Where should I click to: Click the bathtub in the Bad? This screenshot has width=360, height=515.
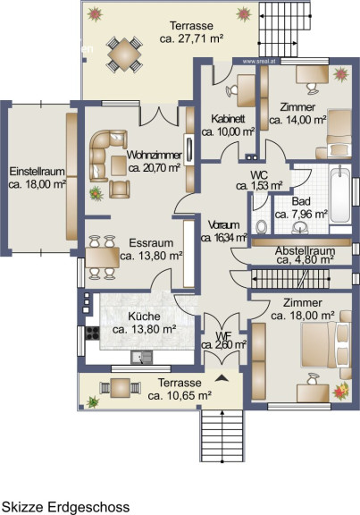(340, 194)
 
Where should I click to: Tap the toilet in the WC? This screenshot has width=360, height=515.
(261, 226)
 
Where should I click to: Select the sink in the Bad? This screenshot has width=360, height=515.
(300, 227)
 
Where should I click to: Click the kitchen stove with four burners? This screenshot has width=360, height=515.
(92, 333)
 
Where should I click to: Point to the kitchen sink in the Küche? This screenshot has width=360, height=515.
(141, 358)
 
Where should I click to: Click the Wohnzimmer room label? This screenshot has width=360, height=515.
(155, 155)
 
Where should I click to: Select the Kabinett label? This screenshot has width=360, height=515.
(228, 119)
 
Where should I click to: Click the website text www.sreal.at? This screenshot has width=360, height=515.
(259, 61)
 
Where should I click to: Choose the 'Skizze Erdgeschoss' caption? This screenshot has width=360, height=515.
(65, 507)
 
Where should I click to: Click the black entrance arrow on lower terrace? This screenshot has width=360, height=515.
(222, 378)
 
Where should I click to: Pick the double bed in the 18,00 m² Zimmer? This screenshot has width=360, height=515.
(326, 344)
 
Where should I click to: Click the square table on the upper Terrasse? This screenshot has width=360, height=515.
(124, 55)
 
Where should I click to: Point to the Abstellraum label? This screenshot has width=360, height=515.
(305, 251)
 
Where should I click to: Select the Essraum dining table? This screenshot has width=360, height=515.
(102, 257)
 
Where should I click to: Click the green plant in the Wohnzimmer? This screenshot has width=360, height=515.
(96, 193)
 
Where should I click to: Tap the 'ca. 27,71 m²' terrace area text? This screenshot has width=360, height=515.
(192, 38)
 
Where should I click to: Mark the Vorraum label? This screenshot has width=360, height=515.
(224, 225)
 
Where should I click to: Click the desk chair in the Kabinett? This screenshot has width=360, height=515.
(231, 90)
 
